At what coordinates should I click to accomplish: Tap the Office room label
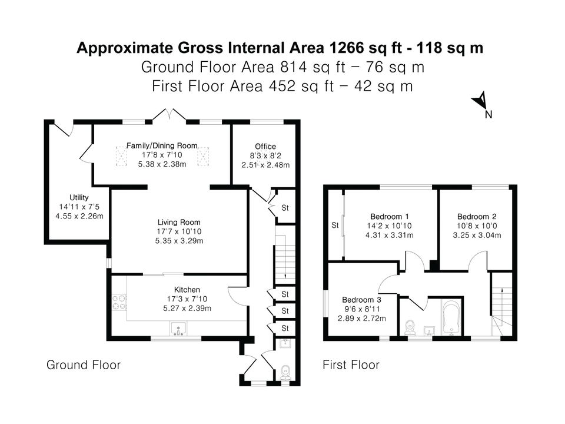click(265, 147)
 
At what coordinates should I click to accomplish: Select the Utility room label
click(79, 198)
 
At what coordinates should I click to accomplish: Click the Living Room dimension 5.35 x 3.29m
click(179, 241)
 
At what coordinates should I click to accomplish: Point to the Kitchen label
click(187, 290)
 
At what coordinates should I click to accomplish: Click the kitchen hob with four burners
click(119, 303)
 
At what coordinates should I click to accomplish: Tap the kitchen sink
click(178, 329)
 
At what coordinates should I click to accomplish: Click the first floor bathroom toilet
click(410, 328)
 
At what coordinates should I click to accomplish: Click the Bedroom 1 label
click(390, 216)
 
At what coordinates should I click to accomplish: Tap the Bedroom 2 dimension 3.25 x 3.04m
click(477, 235)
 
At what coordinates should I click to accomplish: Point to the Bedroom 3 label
click(361, 300)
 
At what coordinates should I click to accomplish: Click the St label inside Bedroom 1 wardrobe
click(335, 226)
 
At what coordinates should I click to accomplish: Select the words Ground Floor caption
click(84, 365)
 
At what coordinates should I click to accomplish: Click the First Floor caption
click(351, 365)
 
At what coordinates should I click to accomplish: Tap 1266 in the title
click(346, 48)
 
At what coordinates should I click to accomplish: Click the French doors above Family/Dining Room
click(169, 115)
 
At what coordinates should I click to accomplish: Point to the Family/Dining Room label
click(162, 145)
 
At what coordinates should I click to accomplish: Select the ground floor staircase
click(285, 255)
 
